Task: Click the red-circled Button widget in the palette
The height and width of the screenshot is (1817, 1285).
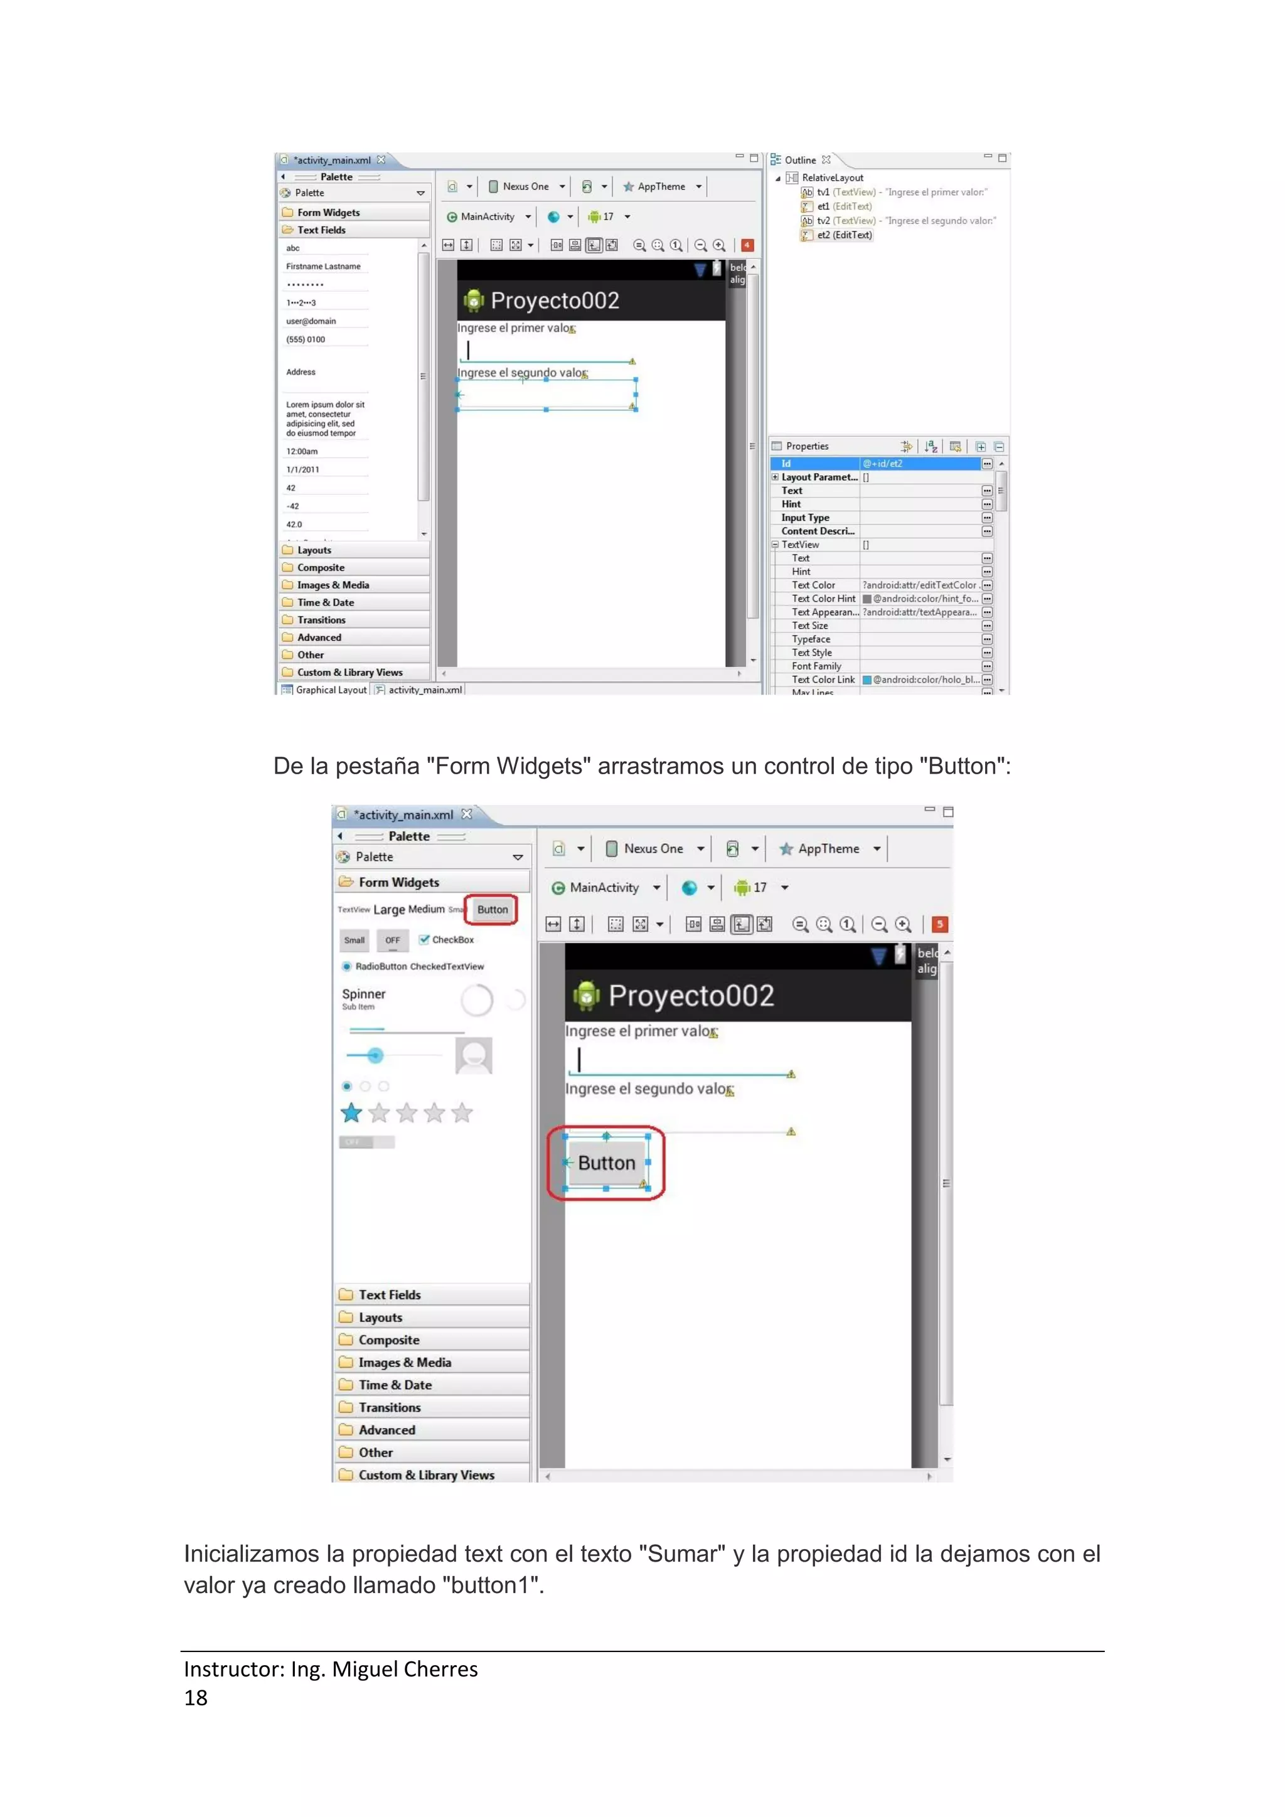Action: tap(492, 909)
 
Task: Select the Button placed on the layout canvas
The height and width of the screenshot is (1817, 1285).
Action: tap(606, 1163)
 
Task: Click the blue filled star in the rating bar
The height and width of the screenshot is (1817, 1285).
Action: tap(351, 1114)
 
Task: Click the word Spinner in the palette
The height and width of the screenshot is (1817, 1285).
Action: tap(363, 994)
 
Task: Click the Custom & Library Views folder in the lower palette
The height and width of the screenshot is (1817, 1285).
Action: tap(425, 1475)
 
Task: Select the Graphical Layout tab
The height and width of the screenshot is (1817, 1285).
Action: tap(331, 690)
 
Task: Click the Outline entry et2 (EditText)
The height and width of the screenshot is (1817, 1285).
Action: tap(843, 235)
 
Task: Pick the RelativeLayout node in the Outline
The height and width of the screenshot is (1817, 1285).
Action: tap(833, 178)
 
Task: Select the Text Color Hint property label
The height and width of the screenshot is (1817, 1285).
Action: tap(823, 599)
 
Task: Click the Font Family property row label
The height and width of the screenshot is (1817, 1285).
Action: tap(816, 666)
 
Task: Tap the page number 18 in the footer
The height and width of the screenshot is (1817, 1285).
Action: tap(195, 1698)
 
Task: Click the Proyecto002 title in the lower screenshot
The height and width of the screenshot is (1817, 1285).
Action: tap(691, 996)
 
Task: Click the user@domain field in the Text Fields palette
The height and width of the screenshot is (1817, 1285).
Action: tap(311, 321)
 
